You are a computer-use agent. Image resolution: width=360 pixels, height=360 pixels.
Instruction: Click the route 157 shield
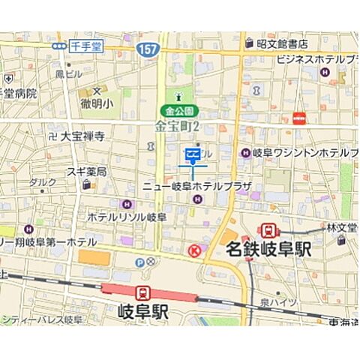point(146,49)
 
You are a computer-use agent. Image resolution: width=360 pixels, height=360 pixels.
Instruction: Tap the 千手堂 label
point(85,46)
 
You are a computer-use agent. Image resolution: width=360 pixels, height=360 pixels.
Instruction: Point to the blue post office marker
point(192,155)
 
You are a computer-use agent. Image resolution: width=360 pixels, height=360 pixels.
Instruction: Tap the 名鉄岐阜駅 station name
point(268,250)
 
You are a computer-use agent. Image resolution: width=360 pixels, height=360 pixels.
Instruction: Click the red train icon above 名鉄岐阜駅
point(267,230)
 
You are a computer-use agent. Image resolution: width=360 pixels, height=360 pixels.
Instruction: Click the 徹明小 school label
point(96,102)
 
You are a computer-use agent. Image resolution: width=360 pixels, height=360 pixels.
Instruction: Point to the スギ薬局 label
point(86,171)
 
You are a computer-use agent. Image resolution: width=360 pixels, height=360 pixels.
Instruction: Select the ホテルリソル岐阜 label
point(127,216)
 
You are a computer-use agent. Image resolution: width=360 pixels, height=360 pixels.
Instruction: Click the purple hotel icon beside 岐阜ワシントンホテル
point(244,153)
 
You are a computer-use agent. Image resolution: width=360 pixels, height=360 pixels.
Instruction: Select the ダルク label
point(43,181)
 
